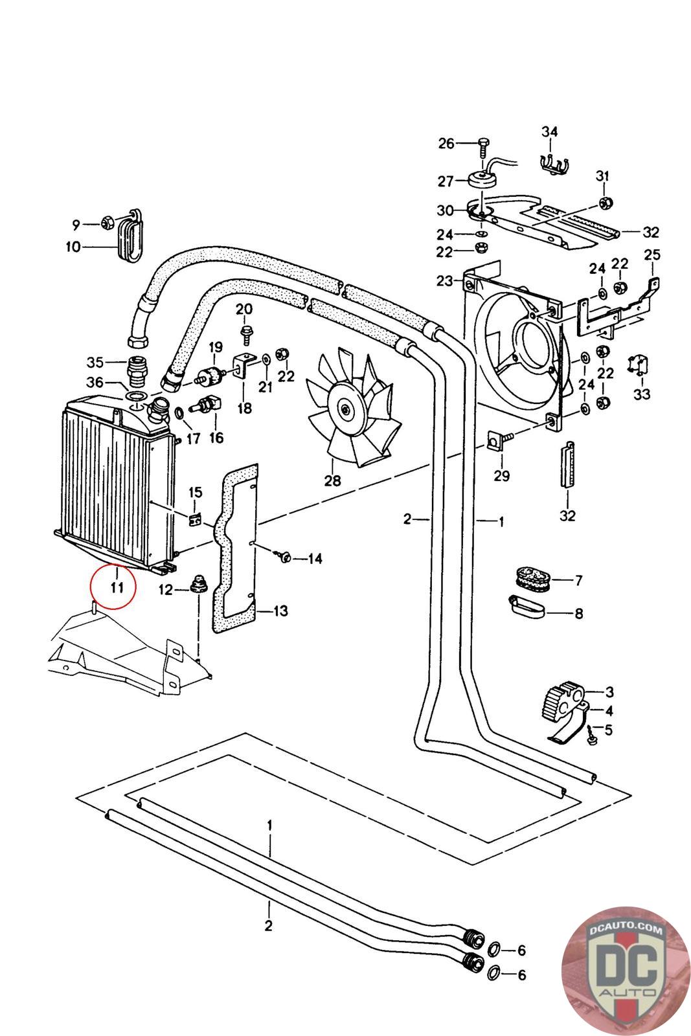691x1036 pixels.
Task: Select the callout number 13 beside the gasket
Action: coord(281,611)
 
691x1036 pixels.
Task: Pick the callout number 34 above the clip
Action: coord(549,132)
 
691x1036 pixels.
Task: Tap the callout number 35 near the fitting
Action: coord(95,361)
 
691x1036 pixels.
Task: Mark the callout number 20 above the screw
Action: coord(244,310)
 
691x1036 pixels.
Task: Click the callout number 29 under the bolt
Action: coord(501,476)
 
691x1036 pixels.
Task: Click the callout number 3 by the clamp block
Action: coord(609,692)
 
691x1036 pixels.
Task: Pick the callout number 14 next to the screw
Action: coord(315,558)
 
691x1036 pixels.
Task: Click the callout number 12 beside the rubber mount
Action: coord(166,590)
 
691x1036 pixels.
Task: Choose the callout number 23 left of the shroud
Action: coord(445,281)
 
